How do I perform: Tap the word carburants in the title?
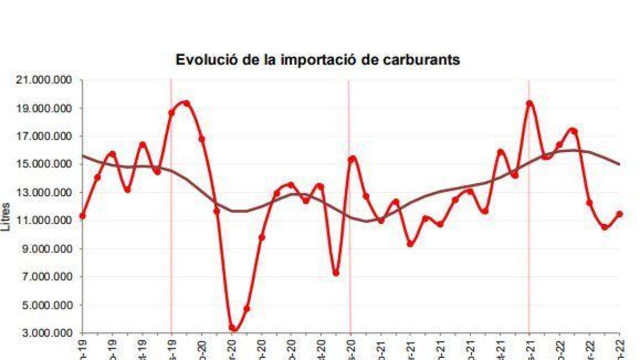(421, 60)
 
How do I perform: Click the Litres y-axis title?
(7, 216)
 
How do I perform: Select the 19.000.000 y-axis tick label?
(46, 108)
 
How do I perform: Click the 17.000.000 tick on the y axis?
(46, 136)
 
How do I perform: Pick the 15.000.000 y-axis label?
(46, 164)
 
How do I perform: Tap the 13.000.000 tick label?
(46, 193)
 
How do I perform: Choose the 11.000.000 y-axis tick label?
(46, 221)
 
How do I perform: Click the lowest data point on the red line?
(232, 329)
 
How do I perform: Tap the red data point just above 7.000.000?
(336, 273)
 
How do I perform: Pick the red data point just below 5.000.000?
(247, 308)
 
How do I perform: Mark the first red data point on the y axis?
(82, 216)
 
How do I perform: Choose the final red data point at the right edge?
(619, 214)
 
